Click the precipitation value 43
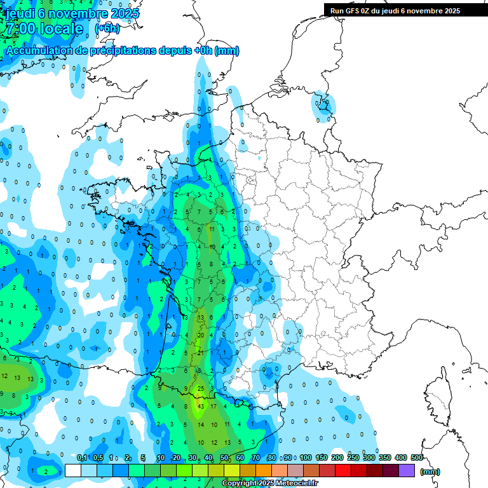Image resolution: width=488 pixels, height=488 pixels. pyautogui.click(x=201, y=405)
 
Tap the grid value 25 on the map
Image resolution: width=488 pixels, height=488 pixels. pyautogui.click(x=201, y=388)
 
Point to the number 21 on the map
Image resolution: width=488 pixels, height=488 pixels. pyautogui.click(x=201, y=353)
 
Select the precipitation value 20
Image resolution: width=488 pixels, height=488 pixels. pyautogui.click(x=201, y=335)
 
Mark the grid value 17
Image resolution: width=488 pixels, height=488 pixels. pyautogui.click(x=214, y=405)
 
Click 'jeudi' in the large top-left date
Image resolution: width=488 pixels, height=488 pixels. pyautogui.click(x=20, y=13)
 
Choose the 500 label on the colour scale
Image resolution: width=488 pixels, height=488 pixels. pyautogui.click(x=416, y=458)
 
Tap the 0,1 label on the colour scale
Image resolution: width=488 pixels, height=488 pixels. pyautogui.click(x=82, y=458)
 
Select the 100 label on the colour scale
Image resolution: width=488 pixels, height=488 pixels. pyautogui.click(x=305, y=458)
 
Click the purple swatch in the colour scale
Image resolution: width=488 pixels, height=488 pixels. pyautogui.click(x=407, y=471)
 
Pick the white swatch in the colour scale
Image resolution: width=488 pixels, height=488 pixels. pyautogui.click(x=73, y=471)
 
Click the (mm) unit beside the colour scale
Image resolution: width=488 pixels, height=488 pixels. pyautogui.click(x=430, y=471)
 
